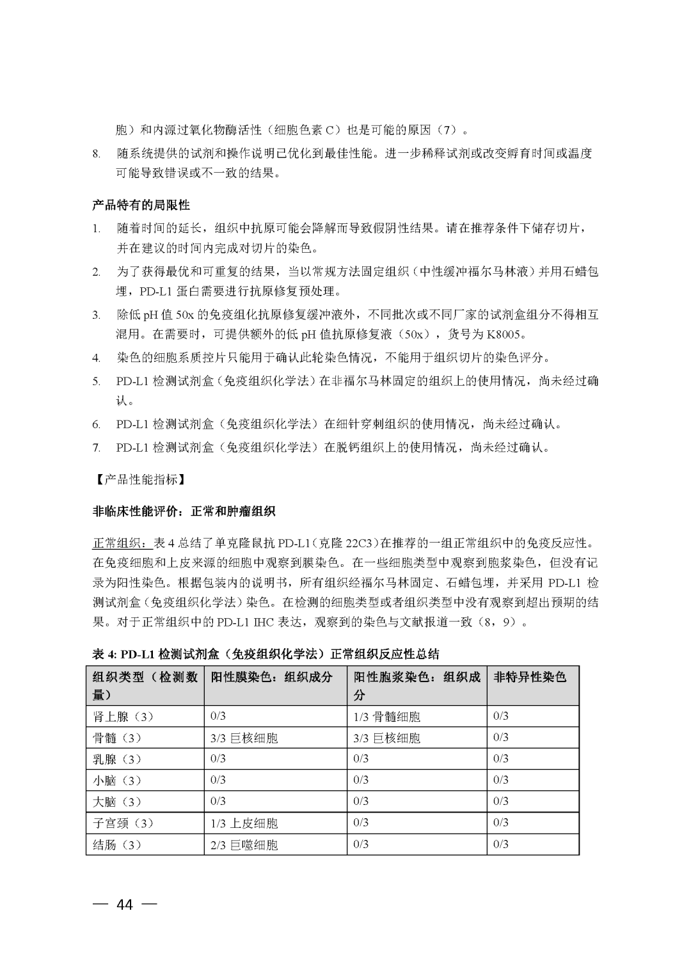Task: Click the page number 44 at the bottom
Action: point(124,905)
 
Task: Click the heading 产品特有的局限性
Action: point(141,205)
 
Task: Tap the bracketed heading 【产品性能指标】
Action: point(136,479)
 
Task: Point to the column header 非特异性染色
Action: point(530,677)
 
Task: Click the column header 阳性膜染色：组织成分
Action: point(271,677)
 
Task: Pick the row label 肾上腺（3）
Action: point(123,717)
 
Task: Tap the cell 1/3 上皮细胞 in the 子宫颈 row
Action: point(244,823)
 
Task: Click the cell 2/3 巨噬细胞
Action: point(244,845)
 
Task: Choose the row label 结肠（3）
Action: point(116,845)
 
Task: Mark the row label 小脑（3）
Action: point(116,781)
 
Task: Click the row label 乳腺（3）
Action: point(116,759)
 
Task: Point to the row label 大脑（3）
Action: point(116,802)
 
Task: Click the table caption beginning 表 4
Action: point(266,654)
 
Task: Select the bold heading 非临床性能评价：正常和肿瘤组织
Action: point(184,511)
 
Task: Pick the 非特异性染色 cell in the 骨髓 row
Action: point(501,738)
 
